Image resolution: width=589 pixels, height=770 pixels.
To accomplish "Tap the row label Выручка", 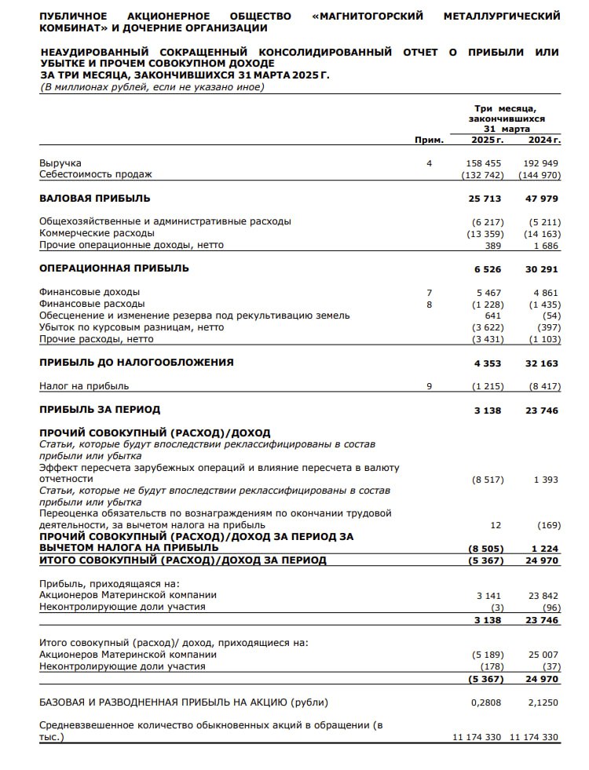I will pyautogui.click(x=60, y=162).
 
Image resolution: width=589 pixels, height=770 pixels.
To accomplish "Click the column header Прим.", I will pyautogui.click(x=429, y=140).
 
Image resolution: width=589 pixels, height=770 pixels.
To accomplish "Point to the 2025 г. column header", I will pyautogui.click(x=487, y=140).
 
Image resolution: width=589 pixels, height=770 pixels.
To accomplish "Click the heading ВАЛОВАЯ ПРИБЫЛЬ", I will pyautogui.click(x=94, y=198).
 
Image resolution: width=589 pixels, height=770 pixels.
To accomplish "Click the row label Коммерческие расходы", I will pyautogui.click(x=97, y=233).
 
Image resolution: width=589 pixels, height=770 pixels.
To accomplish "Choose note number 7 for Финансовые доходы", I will pyautogui.click(x=429, y=292).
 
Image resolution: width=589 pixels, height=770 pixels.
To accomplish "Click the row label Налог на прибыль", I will pyautogui.click(x=84, y=386).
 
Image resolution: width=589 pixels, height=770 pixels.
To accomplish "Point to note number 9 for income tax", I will pyautogui.click(x=429, y=386).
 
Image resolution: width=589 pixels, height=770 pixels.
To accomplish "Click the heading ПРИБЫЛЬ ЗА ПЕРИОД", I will pyautogui.click(x=100, y=410).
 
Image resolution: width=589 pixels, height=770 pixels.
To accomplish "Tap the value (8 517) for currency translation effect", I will pyautogui.click(x=487, y=480).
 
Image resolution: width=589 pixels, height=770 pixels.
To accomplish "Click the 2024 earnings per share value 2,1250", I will pyautogui.click(x=542, y=702).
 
